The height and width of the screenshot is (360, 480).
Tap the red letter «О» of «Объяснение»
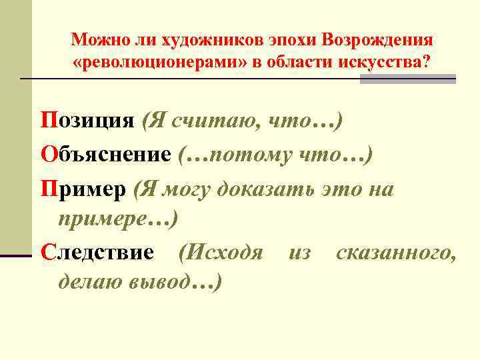pos(48,155)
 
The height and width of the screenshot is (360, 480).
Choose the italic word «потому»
pos(254,155)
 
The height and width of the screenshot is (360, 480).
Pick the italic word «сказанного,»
pos(396,253)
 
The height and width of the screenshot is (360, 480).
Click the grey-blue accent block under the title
pos(407,79)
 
